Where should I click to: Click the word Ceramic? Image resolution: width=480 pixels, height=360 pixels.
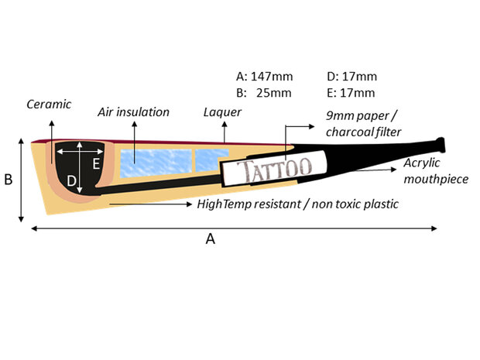coord(49,103)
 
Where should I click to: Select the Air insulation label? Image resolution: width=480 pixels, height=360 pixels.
coord(133,112)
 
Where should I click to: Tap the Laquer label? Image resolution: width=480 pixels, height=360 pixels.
coord(221,112)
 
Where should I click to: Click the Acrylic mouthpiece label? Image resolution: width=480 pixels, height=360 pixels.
coord(438,173)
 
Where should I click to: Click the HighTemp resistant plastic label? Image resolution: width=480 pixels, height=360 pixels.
coord(298,204)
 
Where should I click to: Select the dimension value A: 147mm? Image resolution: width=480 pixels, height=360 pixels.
coord(263,77)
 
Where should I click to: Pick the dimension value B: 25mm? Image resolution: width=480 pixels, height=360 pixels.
coord(263,93)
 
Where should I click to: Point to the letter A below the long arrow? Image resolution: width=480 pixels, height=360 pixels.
coord(210,240)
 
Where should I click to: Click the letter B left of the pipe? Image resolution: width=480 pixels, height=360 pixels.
coord(9,180)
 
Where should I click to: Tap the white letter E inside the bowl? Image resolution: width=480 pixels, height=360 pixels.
coord(96,164)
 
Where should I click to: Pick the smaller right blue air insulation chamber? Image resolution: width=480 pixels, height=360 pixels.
coord(211,158)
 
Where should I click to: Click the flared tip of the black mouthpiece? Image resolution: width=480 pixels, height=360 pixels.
coord(442,145)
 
